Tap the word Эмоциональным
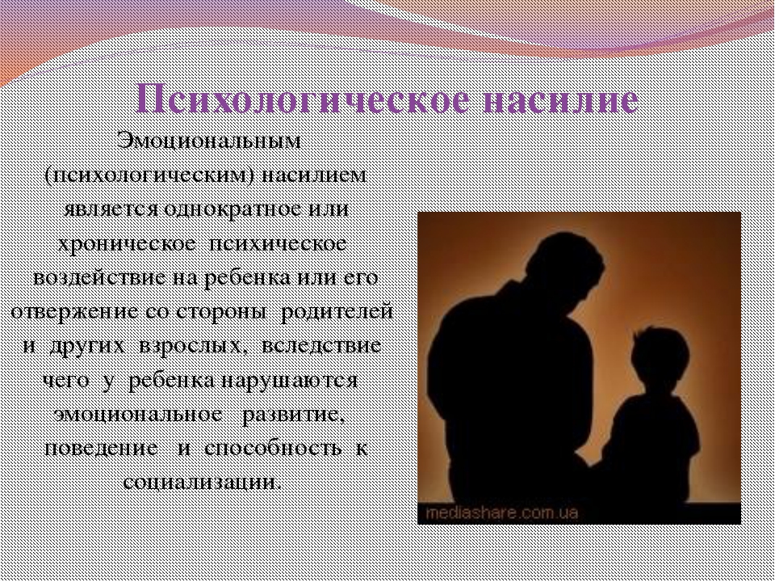pos(209,141)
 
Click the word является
pos(111,209)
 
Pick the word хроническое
pos(126,244)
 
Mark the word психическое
pos(277,244)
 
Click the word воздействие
pos(100,277)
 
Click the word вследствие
pos(320,345)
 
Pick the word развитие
pos(293,415)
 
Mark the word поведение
pos(102,448)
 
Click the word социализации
pos(202,482)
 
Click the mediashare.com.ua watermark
pos(501,512)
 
